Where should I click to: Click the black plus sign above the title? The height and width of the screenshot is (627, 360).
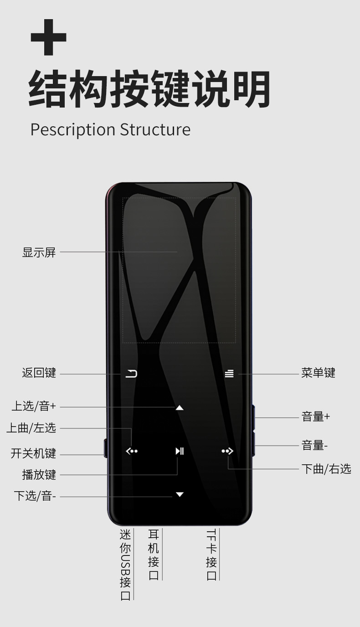[x=49, y=37]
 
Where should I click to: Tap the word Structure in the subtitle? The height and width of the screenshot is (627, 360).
[x=155, y=129]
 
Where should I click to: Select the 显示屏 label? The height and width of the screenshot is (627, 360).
[x=39, y=252]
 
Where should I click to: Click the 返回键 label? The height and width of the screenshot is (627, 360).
[x=39, y=373]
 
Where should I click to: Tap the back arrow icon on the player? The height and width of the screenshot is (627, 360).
[x=131, y=374]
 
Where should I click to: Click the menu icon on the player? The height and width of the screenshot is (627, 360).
[x=229, y=374]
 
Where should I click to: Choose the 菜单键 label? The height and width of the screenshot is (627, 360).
[x=318, y=373]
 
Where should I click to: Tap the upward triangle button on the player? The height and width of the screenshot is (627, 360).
[x=180, y=407]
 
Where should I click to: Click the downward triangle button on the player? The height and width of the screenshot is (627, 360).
[x=180, y=494]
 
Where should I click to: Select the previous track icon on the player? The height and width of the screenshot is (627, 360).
[x=131, y=451]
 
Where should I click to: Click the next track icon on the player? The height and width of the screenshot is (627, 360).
[x=227, y=451]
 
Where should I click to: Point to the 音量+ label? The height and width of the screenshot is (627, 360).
[x=315, y=416]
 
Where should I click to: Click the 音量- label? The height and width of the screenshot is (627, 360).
[x=314, y=445]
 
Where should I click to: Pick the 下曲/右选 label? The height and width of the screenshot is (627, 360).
[x=326, y=469]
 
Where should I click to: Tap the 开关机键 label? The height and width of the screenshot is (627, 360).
[x=33, y=454]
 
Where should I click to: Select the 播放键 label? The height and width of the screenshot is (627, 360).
[x=39, y=475]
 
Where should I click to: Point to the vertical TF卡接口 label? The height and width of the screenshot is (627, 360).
[x=211, y=555]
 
